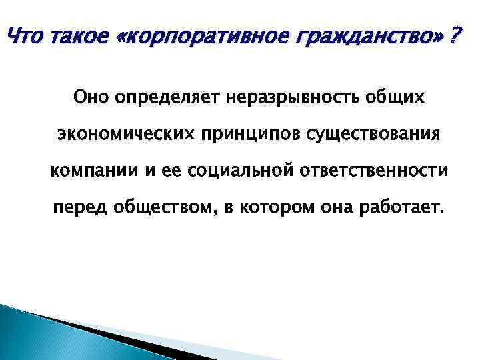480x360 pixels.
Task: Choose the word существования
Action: (373, 135)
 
